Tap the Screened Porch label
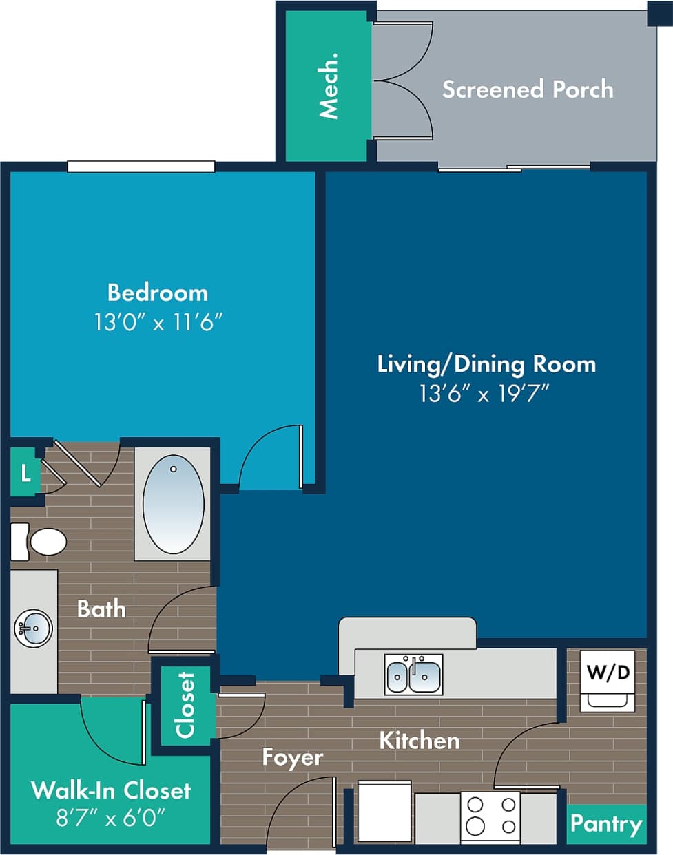coord(527,89)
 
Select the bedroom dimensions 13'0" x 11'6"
coord(158,321)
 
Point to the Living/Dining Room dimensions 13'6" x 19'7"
coord(484,393)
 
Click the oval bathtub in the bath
coord(173,504)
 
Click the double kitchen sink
coord(413,675)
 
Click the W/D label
coord(608,671)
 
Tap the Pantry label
coord(605,823)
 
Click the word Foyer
coord(292,757)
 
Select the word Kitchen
coord(419,741)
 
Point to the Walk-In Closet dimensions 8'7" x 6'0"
coord(110,817)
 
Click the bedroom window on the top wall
coord(141,167)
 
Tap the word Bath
coord(101,609)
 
